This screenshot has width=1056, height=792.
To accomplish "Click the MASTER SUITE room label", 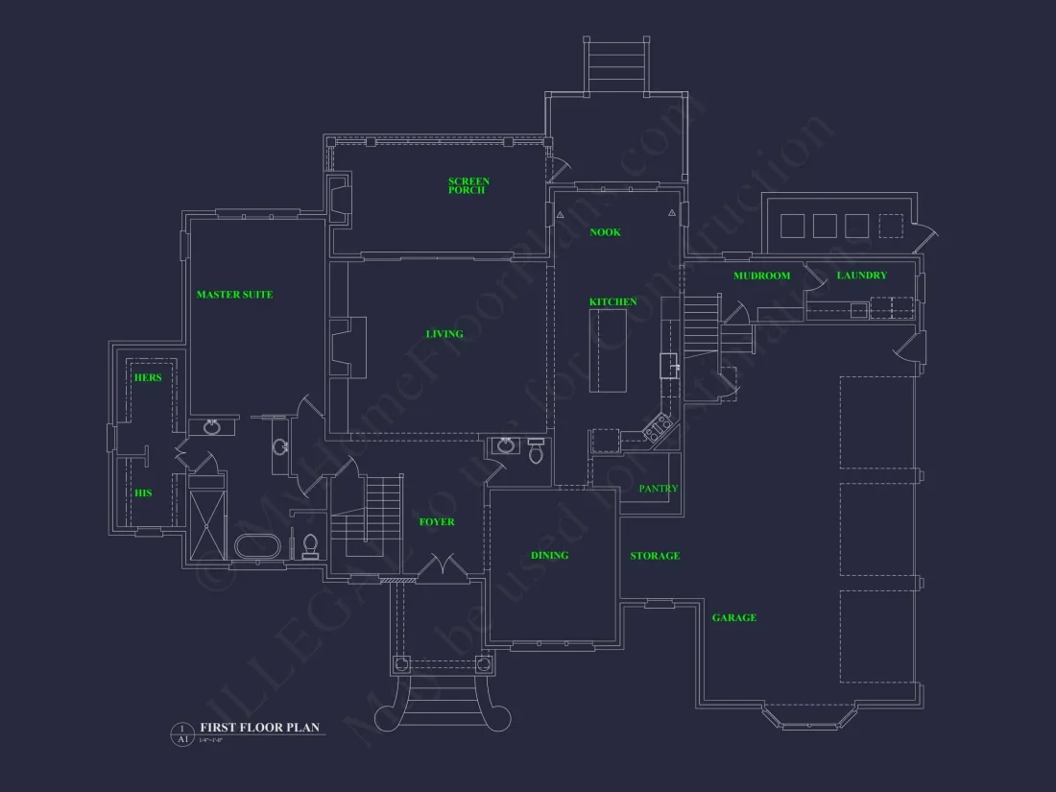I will point(234,295).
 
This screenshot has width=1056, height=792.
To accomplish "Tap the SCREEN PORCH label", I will point(468,185).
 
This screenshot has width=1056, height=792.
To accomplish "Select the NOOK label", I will point(605,232).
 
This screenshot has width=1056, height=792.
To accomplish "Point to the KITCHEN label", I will point(612,302).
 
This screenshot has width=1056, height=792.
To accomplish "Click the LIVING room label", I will point(444,334).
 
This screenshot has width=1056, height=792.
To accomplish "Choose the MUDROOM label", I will point(761,276).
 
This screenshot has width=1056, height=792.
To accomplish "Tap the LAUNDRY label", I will point(861,276).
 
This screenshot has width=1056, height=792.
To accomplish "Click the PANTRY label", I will point(659,489).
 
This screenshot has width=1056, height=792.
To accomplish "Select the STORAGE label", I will point(655,556).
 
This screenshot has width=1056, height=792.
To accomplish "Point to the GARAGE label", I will point(733,618).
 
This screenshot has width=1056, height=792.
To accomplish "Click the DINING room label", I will point(549,556).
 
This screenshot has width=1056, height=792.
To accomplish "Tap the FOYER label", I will point(437,522).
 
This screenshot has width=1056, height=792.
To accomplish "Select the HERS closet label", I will point(148,378).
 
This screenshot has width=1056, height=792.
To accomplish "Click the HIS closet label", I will point(142,493).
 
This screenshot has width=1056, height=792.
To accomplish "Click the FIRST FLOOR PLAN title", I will point(259,728).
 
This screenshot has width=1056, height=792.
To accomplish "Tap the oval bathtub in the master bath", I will point(258,546).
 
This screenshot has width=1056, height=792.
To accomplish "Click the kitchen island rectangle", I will point(608,350).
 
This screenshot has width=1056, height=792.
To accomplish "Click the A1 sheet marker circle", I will point(181,733).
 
